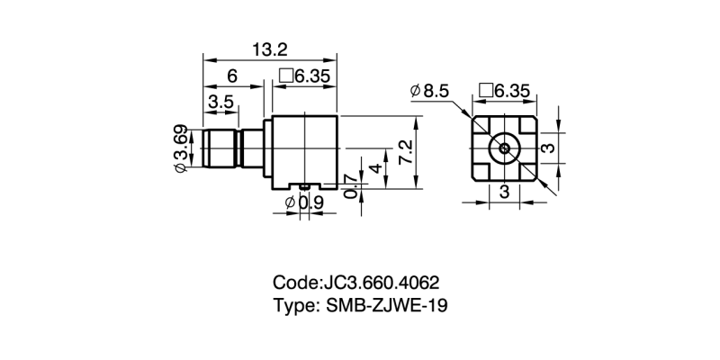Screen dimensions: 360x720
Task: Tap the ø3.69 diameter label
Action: (x=181, y=148)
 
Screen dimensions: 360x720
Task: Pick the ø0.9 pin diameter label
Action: (x=304, y=203)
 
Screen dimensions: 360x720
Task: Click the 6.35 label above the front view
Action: (x=511, y=90)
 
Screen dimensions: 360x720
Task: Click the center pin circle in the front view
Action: (x=504, y=148)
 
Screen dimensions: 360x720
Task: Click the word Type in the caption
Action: (x=293, y=305)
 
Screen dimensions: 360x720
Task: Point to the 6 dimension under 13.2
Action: (x=233, y=76)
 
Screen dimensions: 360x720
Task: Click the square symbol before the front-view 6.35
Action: (x=486, y=90)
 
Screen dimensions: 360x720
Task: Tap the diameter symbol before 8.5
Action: (x=415, y=91)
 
